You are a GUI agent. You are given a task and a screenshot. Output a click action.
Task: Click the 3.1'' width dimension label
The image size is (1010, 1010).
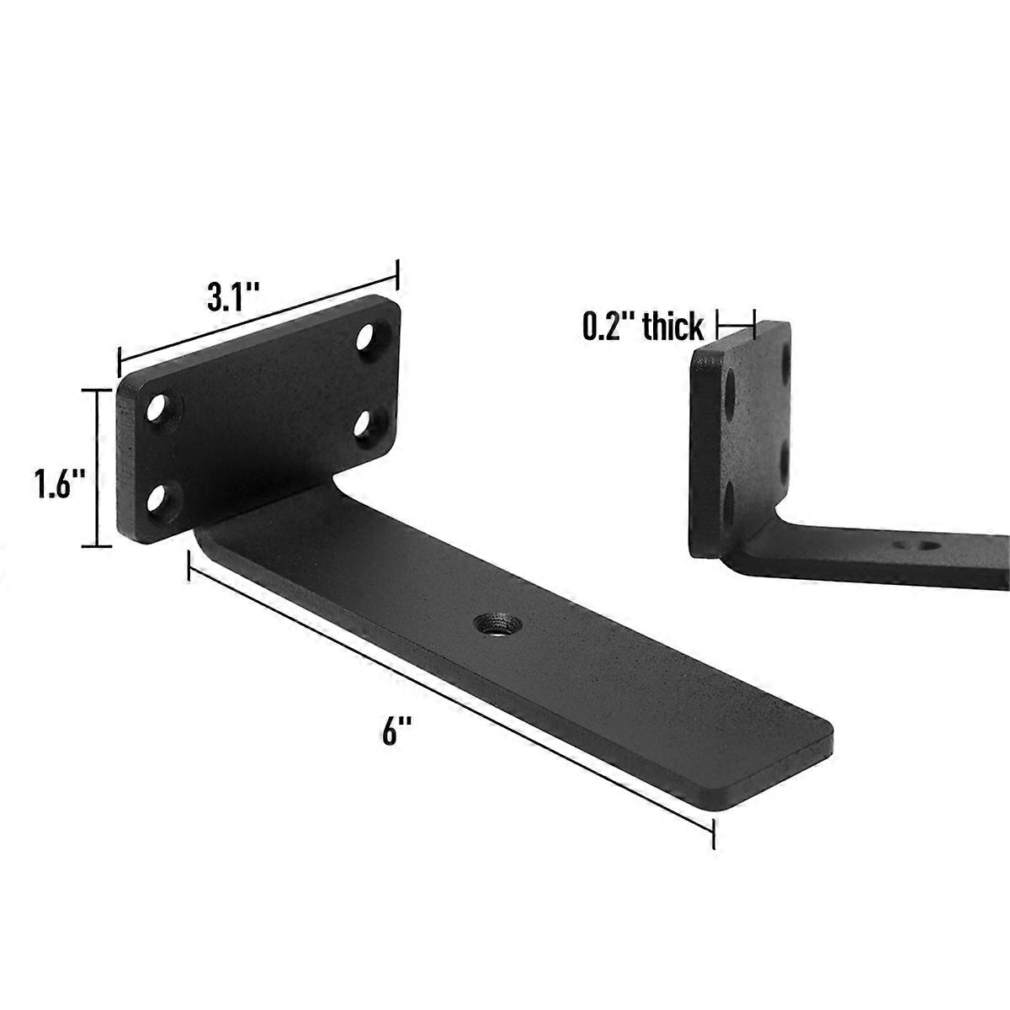232,297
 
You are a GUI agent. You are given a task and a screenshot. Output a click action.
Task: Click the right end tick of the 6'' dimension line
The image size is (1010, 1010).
714,836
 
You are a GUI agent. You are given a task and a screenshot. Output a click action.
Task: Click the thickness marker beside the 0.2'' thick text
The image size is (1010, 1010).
736,323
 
